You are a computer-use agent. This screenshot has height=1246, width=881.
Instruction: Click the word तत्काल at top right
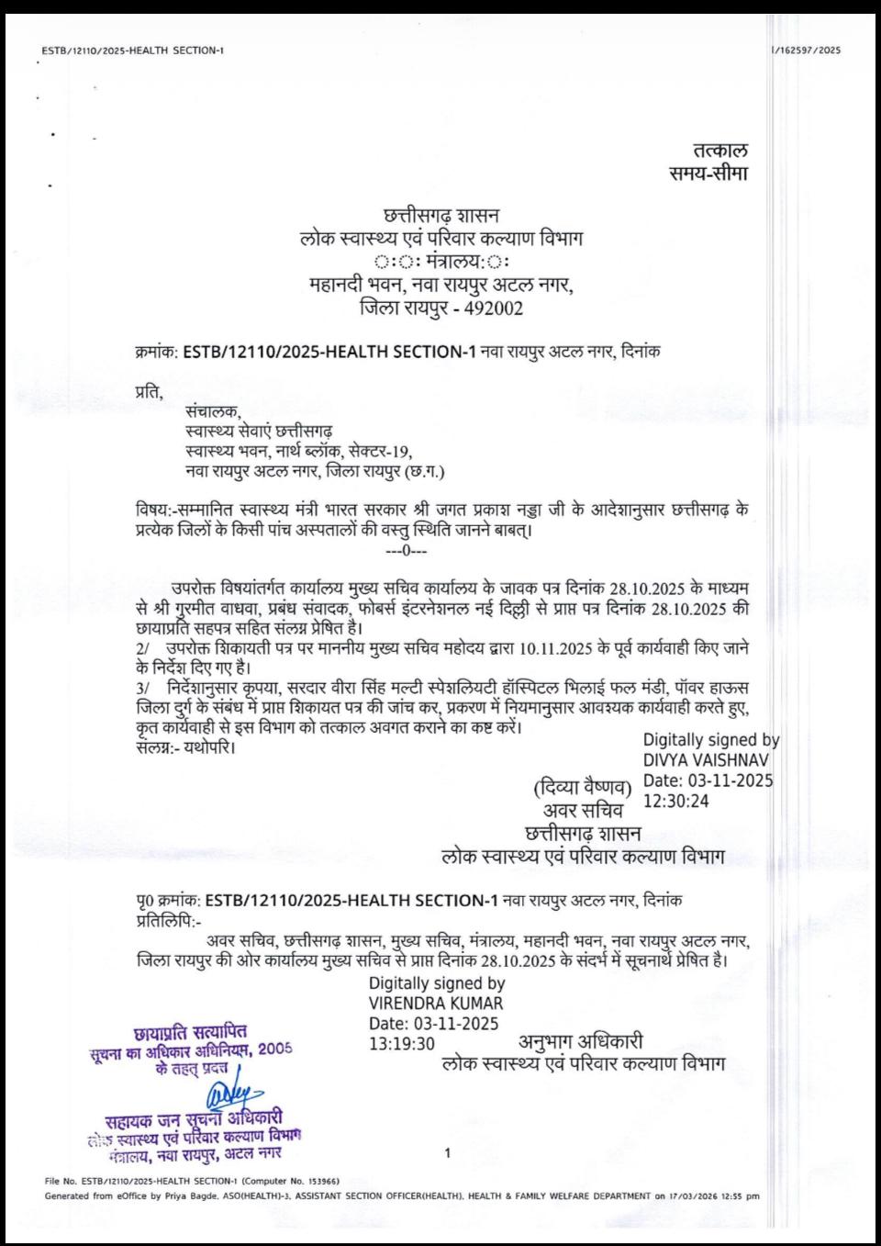pos(719,150)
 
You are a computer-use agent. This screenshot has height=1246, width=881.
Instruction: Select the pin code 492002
pos(494,309)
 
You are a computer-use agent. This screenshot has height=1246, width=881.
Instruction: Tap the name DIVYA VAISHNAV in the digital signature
pos(706,760)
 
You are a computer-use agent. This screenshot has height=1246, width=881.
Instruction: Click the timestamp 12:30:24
pos(675,801)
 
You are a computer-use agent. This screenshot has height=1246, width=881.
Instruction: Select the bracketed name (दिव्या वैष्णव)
pos(583,789)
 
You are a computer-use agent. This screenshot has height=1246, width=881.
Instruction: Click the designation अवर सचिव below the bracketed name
pos(583,811)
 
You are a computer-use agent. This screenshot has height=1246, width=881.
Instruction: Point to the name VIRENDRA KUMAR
pos(436,1004)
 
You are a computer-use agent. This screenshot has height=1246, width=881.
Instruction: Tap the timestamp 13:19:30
pos(402,1043)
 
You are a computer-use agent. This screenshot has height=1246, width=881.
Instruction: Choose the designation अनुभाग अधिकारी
pos(581,1041)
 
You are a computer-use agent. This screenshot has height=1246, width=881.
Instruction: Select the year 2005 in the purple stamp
pos(274,1048)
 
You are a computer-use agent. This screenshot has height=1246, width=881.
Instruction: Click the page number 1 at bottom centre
pos(447,1153)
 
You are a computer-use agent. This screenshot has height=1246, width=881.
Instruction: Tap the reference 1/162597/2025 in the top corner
pos(806,51)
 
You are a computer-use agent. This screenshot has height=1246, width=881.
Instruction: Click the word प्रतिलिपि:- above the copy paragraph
pos(168,918)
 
